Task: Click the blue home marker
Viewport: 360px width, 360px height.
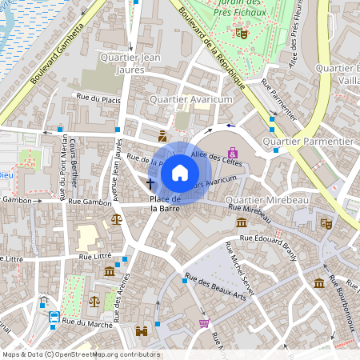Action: coord(180,172)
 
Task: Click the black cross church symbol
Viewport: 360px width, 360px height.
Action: coord(150,184)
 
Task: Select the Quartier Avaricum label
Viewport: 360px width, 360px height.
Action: coord(190,99)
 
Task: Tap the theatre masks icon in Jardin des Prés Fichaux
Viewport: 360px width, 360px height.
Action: coord(241,33)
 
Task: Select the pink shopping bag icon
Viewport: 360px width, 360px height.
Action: coord(233,152)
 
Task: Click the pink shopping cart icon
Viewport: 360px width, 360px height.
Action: coord(204,323)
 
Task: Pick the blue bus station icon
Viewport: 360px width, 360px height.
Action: coord(54,317)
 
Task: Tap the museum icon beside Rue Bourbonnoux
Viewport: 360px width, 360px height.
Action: coord(319,283)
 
